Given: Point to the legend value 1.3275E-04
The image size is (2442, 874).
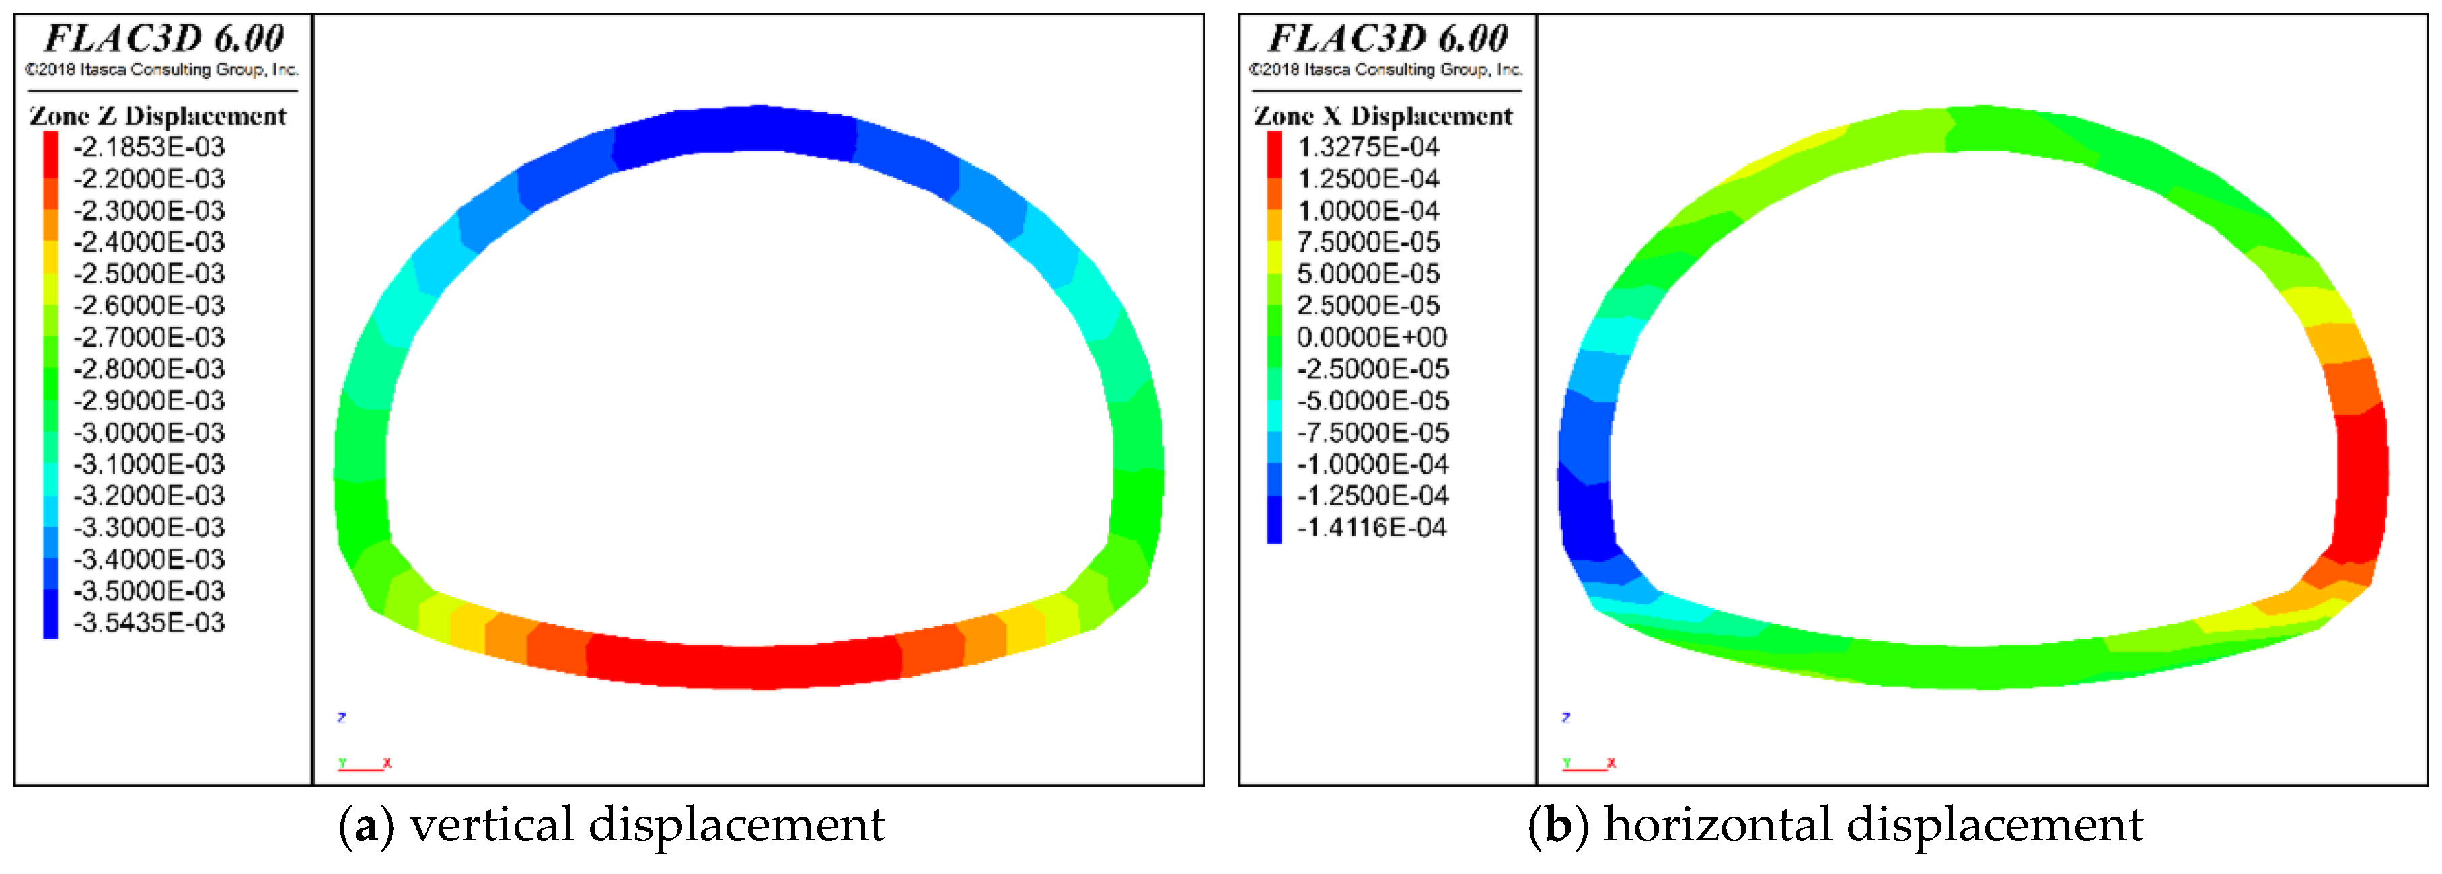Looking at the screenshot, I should click(x=1368, y=147).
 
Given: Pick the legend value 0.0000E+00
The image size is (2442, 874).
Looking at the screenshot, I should click(x=1372, y=338).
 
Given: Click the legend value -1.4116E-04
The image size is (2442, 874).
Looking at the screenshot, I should click(x=1372, y=528).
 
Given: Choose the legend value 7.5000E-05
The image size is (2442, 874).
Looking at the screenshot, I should click(x=1368, y=242).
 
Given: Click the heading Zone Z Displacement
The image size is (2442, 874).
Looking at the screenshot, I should click(x=157, y=116).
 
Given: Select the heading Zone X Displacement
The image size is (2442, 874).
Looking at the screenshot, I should click(x=1383, y=116).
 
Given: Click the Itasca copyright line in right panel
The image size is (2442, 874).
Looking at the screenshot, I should click(x=1385, y=69).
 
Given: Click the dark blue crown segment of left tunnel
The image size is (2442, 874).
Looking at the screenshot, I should click(x=735, y=131).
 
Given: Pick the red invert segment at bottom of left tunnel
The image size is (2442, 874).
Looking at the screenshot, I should click(x=744, y=665).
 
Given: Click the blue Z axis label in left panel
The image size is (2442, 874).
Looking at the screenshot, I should click(x=341, y=718).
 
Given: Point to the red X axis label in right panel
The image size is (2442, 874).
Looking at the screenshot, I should click(x=1612, y=763).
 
